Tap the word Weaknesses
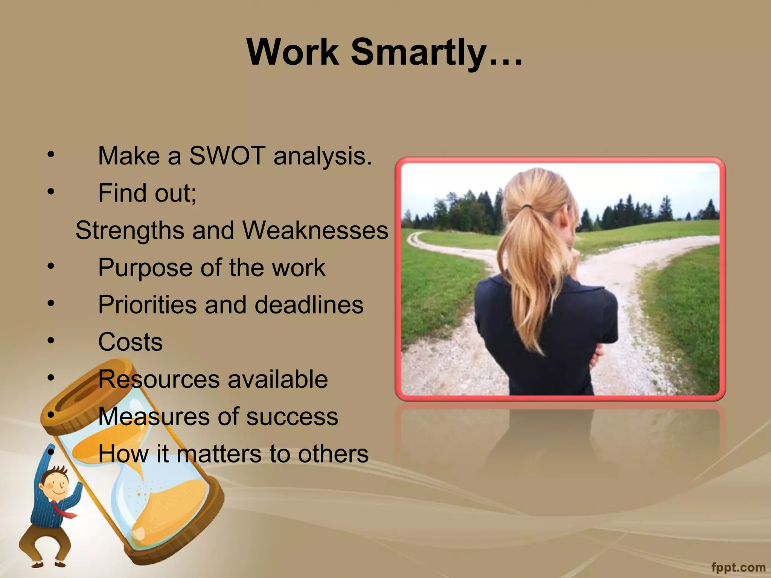point(315,230)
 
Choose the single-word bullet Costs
point(130,342)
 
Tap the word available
point(277,379)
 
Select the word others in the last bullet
point(333,453)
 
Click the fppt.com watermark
point(738,567)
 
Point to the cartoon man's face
point(55,486)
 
